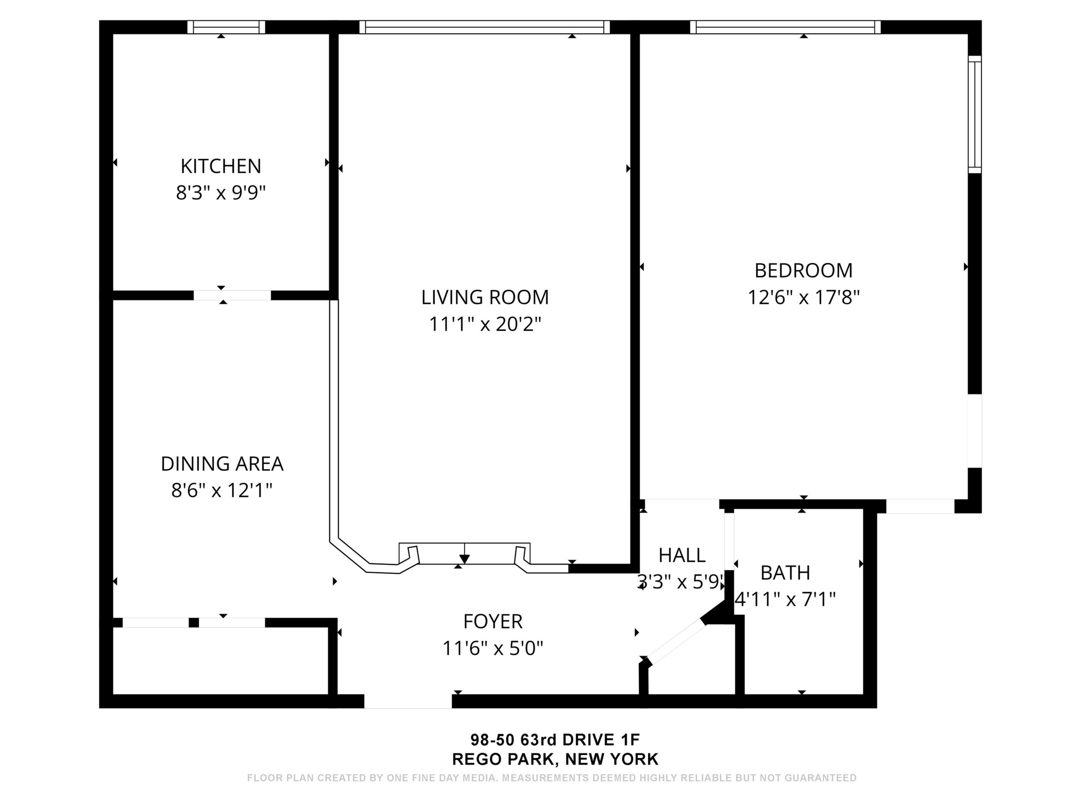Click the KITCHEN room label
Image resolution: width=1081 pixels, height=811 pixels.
[221, 166]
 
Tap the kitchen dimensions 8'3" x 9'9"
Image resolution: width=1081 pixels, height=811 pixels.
[221, 193]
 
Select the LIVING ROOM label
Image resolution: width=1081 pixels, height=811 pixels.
[485, 297]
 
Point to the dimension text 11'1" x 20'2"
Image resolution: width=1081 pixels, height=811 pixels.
[485, 324]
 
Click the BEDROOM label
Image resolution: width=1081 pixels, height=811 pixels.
[803, 270]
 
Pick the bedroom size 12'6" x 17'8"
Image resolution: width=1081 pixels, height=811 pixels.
[803, 297]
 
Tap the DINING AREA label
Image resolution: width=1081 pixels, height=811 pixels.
[222, 464]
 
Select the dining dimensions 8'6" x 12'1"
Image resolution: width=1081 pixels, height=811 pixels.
[222, 490]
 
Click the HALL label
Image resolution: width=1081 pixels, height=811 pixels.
[682, 555]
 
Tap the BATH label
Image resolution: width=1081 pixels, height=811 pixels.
[785, 572]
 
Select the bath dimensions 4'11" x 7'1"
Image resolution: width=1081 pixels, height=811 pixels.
[785, 599]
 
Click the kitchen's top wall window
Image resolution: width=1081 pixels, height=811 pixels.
[226, 27]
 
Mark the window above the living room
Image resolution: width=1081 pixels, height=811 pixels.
[485, 27]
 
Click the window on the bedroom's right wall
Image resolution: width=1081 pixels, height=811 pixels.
[975, 114]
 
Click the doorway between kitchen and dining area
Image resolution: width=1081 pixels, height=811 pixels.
[232, 295]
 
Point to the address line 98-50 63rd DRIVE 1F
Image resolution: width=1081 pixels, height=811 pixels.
[555, 739]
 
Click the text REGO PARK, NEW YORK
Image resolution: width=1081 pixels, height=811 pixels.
[555, 759]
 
